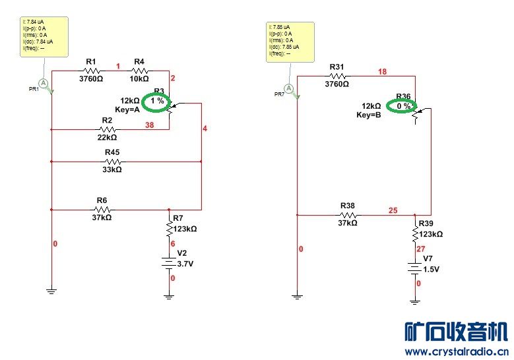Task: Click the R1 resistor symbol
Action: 92,71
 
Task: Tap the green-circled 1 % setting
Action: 157,101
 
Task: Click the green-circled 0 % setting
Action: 404,105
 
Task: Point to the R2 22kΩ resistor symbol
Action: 108,129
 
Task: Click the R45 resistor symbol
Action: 112,160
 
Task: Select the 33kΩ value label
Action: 112,169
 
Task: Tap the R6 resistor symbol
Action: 102,209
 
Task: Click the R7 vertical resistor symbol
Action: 169,228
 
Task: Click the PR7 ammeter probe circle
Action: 288,88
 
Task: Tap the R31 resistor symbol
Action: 337,76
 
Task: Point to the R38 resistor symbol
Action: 348,214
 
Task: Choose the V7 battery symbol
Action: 414,269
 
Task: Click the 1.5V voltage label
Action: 431,269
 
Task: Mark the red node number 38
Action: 150,125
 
